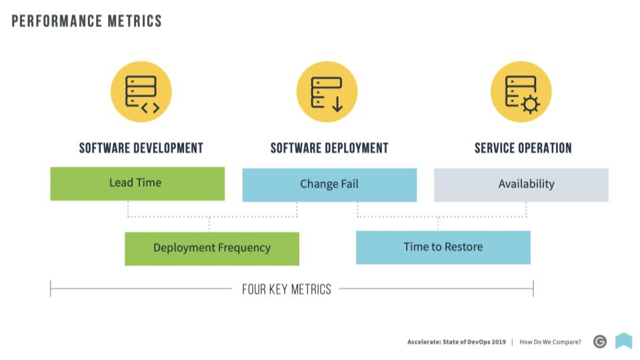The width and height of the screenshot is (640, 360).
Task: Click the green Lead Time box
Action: point(137,184)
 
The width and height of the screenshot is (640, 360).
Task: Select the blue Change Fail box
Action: point(329,185)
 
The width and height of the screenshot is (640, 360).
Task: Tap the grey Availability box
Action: point(521,185)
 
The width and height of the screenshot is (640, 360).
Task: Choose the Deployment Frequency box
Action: point(212,249)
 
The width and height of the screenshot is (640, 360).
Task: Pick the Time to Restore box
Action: point(443,247)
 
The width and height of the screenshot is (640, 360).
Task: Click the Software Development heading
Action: point(141,148)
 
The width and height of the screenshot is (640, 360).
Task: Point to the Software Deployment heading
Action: point(329,148)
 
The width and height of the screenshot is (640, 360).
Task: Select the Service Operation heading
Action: point(523,148)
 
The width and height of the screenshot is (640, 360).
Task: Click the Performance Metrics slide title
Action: point(87,21)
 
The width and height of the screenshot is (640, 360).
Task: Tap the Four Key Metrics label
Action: point(287,289)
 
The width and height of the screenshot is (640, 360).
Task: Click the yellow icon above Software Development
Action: point(141,92)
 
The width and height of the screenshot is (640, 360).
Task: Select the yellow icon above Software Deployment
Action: point(327,92)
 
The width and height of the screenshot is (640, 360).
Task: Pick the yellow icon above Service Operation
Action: point(521,92)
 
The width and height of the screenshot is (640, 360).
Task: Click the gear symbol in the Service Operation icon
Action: point(531,105)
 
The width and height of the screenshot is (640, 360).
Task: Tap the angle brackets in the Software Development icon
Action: point(150,108)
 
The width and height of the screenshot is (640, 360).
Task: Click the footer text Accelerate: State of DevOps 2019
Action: point(456,342)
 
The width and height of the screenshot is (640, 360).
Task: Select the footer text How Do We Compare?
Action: point(550,342)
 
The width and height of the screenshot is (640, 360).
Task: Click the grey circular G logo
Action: point(600,341)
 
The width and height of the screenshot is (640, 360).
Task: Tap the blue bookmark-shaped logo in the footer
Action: point(624,341)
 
